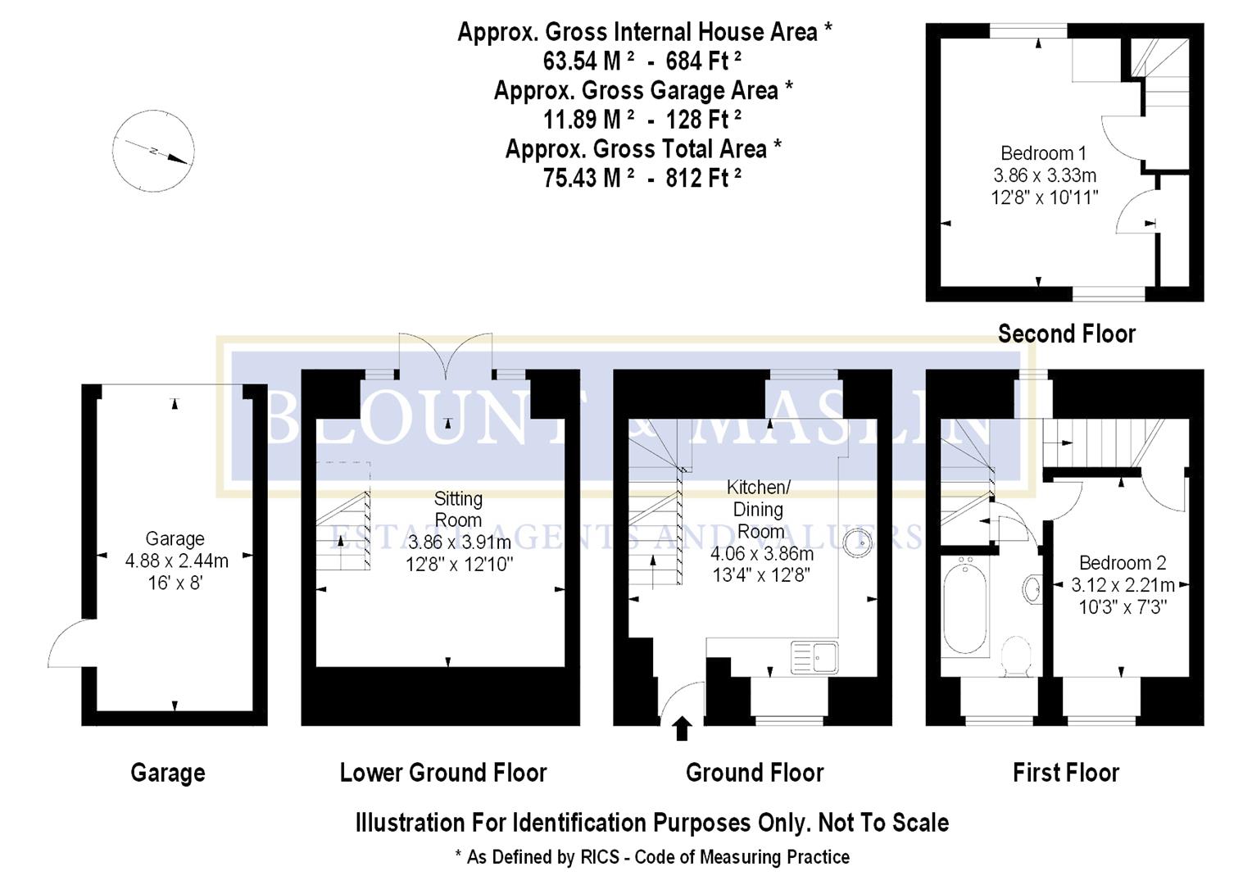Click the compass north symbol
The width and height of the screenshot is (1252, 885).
pyautogui.click(x=153, y=152)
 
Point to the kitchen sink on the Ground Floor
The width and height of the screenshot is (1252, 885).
pyautogui.click(x=814, y=657)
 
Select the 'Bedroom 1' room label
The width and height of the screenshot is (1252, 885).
pyautogui.click(x=1043, y=153)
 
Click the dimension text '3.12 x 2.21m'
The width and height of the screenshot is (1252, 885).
pyautogui.click(x=1123, y=585)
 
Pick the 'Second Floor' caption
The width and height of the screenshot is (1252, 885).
pyautogui.click(x=1066, y=334)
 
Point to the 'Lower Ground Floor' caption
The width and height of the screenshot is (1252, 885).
pyautogui.click(x=443, y=773)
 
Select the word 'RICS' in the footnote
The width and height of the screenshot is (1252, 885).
pyautogui.click(x=601, y=857)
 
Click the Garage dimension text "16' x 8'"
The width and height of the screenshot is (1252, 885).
pyautogui.click(x=175, y=583)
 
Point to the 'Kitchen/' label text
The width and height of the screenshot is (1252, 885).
pyautogui.click(x=758, y=488)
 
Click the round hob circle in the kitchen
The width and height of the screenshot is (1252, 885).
pyautogui.click(x=858, y=542)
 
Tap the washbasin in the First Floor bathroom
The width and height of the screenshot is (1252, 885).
pyautogui.click(x=1032, y=588)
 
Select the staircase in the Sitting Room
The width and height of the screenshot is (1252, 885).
pyautogui.click(x=343, y=531)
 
